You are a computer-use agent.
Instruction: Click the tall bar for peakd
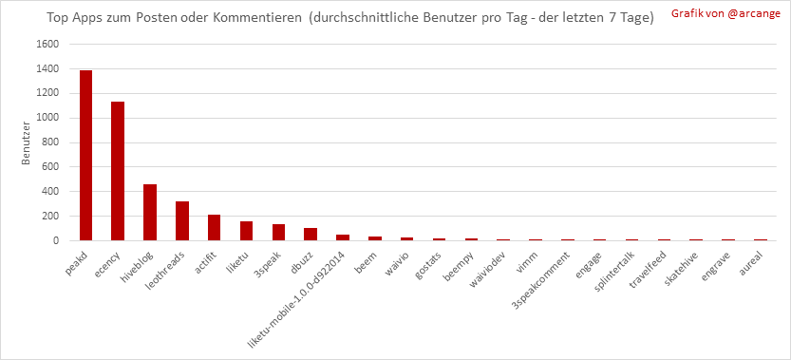tap(85, 156)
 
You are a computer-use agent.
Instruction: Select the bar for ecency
tap(118, 171)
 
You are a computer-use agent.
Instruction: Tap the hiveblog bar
tap(150, 213)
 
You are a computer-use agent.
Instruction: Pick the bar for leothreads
tap(182, 221)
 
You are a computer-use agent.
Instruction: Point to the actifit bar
tap(214, 228)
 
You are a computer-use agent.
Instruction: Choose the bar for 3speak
tap(278, 233)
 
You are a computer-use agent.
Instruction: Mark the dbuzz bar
tap(311, 235)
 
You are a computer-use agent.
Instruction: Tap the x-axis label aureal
tap(755, 260)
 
